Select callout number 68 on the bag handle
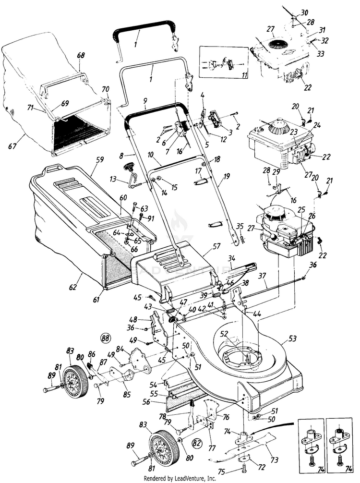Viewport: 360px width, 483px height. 81,55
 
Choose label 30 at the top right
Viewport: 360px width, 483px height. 305,12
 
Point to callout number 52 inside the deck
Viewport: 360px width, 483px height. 224,332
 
